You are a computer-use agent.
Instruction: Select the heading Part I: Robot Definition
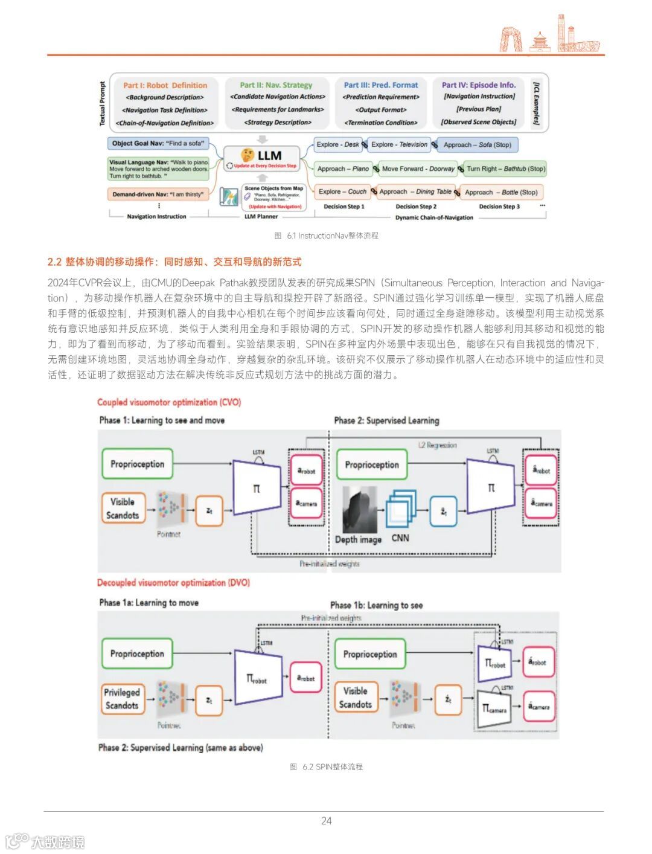[165, 85]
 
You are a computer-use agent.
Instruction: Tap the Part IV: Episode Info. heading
[478, 85]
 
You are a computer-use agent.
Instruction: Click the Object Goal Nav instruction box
[158, 144]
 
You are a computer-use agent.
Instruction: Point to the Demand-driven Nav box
[158, 194]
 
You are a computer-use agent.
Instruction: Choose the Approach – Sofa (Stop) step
[478, 145]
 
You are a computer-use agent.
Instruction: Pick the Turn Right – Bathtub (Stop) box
[505, 169]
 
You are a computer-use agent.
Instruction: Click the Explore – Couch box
[342, 192]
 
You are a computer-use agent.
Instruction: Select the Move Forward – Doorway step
[418, 169]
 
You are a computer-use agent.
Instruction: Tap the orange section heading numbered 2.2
[174, 262]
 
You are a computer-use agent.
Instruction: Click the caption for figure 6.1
[326, 236]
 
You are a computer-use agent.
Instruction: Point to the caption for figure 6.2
[326, 766]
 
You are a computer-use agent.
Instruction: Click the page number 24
[326, 821]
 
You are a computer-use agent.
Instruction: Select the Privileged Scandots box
[123, 699]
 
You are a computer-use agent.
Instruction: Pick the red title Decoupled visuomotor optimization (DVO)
[173, 583]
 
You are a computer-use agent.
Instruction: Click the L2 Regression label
[438, 445]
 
